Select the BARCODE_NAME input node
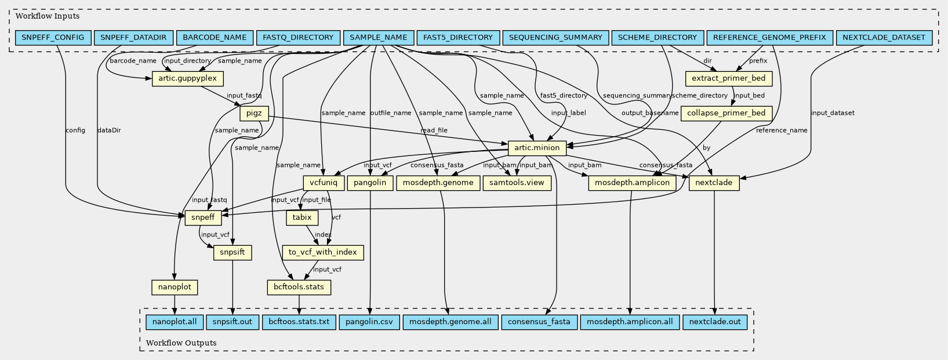pos(215,38)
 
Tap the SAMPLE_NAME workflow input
pos(379,38)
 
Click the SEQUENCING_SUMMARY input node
pos(555,38)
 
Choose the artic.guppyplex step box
pos(187,78)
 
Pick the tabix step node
pos(302,218)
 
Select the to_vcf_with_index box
pos(323,253)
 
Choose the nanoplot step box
pos(175,287)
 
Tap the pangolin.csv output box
pos(369,322)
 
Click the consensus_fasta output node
pos(539,322)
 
